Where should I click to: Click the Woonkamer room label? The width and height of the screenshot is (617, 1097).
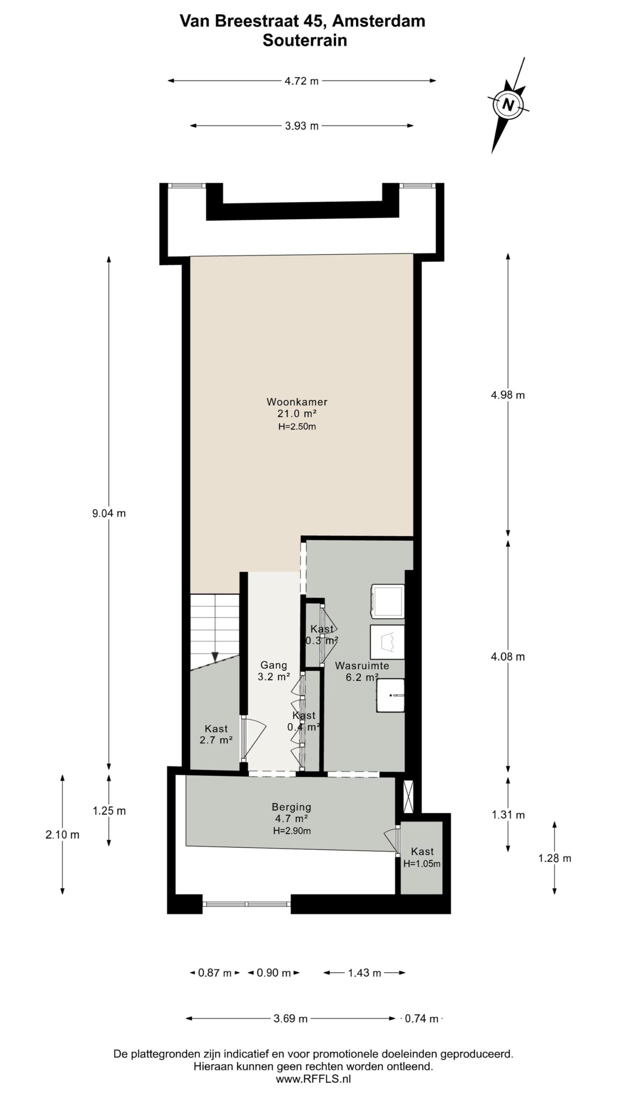(x=297, y=402)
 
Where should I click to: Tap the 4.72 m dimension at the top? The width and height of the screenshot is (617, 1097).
(x=302, y=81)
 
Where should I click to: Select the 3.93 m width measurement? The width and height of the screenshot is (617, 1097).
(x=302, y=126)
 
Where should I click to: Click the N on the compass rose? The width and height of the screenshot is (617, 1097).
(x=508, y=105)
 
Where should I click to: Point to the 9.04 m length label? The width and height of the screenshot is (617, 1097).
(x=109, y=513)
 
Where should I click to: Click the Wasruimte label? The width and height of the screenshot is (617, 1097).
(x=362, y=666)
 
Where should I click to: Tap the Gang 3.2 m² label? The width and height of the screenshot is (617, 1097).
(x=273, y=671)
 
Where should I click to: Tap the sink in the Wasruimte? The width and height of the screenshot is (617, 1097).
(x=390, y=695)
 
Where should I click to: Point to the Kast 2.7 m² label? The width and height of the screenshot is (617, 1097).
(x=216, y=734)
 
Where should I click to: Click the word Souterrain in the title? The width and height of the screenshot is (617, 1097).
(x=304, y=41)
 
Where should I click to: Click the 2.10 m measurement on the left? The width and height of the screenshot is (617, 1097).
(x=63, y=835)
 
